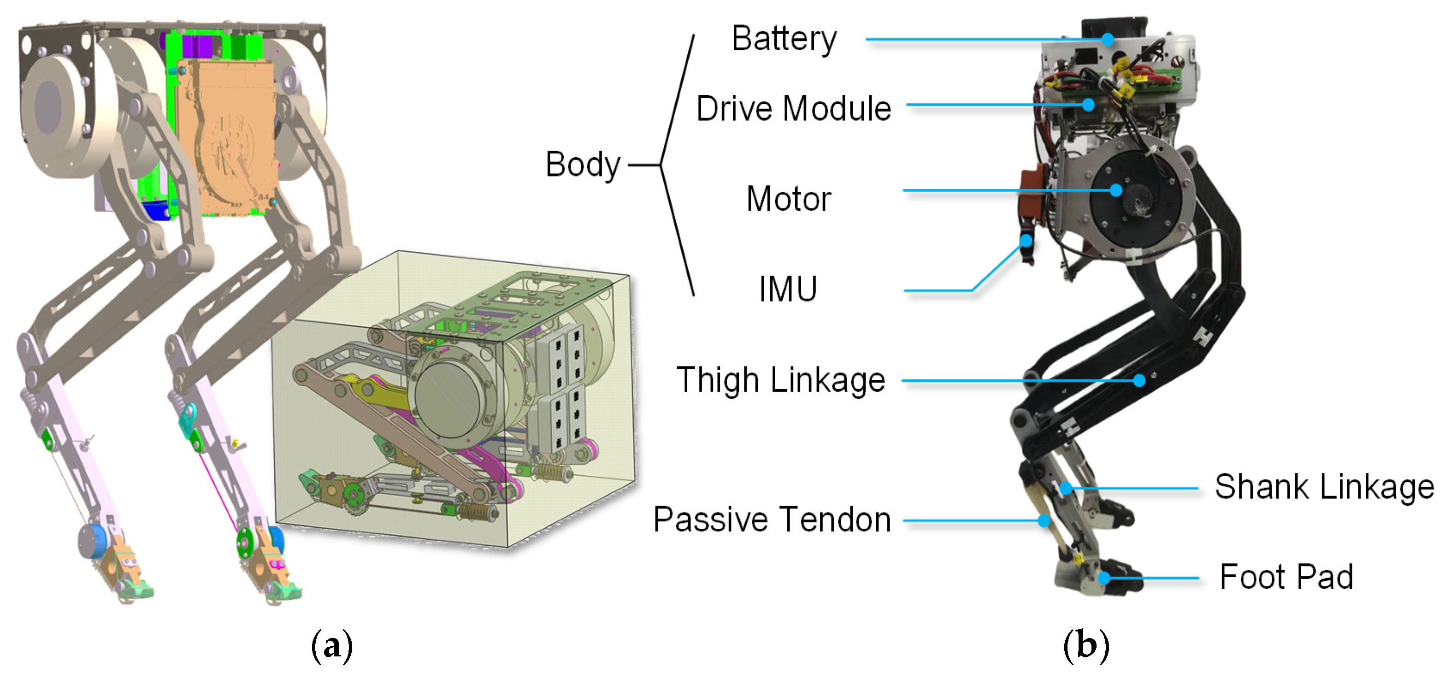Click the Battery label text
pyautogui.click(x=784, y=39)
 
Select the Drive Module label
pyautogui.click(x=793, y=108)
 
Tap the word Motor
pyautogui.click(x=788, y=199)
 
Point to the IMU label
pyautogui.click(x=788, y=289)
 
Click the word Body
pyautogui.click(x=583, y=165)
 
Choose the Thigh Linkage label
pyautogui.click(x=780, y=380)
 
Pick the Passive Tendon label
pyautogui.click(x=772, y=519)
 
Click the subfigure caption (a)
pyautogui.click(x=331, y=645)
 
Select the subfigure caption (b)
pyautogui.click(x=1086, y=645)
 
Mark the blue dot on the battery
pyautogui.click(x=1107, y=39)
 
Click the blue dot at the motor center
pyautogui.click(x=1116, y=190)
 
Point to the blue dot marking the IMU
pyautogui.click(x=1026, y=241)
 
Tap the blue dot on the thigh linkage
pyautogui.click(x=1139, y=380)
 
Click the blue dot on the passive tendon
pyautogui.click(x=1044, y=520)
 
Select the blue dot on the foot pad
pyautogui.click(x=1104, y=578)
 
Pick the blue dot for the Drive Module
pyautogui.click(x=1088, y=104)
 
